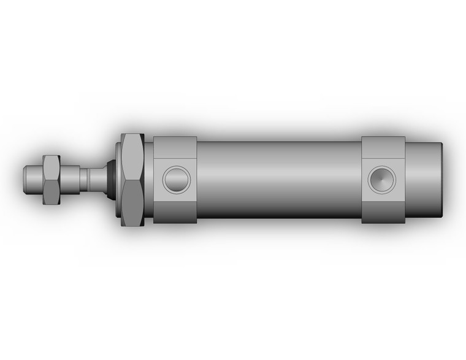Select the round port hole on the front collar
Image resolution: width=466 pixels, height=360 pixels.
click(176, 179)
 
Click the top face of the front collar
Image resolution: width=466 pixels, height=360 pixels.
click(175, 145)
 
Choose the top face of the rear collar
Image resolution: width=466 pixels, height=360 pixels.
click(383, 145)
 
